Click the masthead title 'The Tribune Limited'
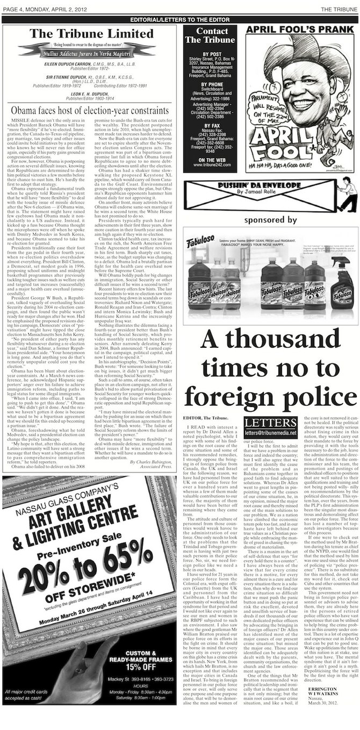[92, 34]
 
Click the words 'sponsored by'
[270, 220]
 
